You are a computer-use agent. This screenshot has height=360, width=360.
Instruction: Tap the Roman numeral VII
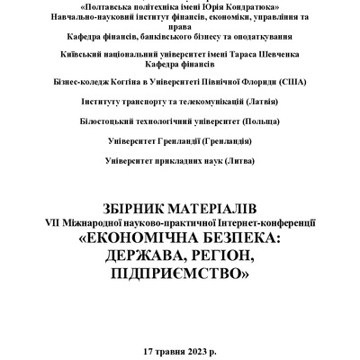point(56,221)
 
